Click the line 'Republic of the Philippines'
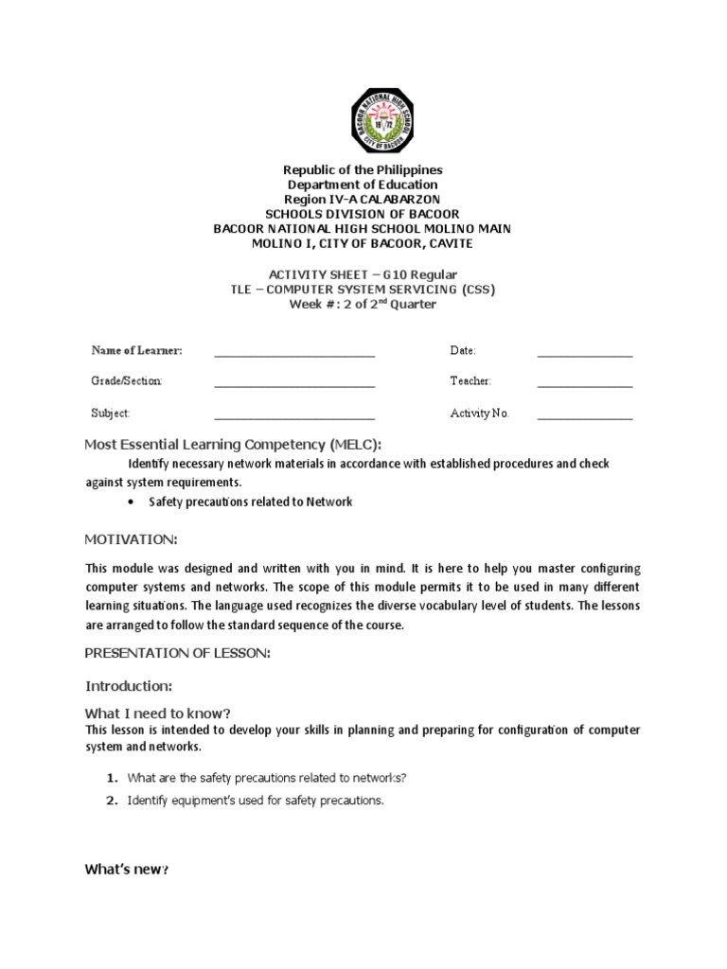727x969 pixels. (363, 170)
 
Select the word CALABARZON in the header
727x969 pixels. (397, 200)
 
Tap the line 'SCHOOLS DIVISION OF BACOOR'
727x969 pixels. (363, 215)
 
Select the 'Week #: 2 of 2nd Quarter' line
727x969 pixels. (363, 304)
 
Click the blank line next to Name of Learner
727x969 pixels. (294, 354)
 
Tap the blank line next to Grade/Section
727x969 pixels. (294, 384)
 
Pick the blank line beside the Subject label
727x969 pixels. (294, 416)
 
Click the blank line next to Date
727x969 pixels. (585, 354)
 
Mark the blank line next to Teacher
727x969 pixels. (585, 384)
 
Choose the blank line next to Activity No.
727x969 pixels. (585, 416)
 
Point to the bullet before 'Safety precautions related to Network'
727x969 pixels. (130, 502)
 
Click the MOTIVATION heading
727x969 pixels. (130, 539)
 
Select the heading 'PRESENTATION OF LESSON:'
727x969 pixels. (177, 653)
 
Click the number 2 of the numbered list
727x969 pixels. (111, 801)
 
